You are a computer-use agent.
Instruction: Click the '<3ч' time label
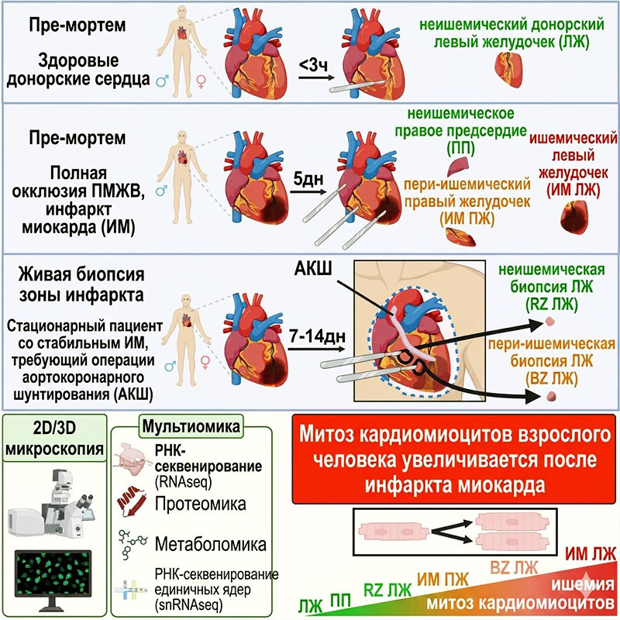(x=313, y=65)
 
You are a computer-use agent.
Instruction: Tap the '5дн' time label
(x=308, y=179)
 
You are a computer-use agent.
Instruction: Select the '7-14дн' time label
(x=318, y=336)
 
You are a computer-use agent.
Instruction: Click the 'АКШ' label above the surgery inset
(x=313, y=268)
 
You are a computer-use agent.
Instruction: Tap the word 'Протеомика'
(x=201, y=504)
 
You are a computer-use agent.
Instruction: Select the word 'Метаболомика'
(x=210, y=545)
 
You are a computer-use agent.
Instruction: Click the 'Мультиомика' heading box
(x=191, y=426)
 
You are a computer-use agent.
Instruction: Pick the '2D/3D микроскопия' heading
(x=54, y=438)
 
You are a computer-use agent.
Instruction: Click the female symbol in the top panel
(x=201, y=82)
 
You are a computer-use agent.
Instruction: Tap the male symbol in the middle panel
(x=161, y=191)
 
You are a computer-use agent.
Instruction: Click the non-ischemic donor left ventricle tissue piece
(x=508, y=70)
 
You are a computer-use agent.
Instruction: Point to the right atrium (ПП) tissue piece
(x=458, y=167)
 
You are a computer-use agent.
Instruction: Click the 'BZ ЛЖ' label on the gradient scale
(x=514, y=568)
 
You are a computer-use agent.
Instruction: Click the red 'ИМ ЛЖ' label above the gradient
(x=591, y=554)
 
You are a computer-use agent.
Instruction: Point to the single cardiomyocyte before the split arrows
(x=394, y=532)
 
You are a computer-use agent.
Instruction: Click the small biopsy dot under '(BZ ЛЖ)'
(x=551, y=396)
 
